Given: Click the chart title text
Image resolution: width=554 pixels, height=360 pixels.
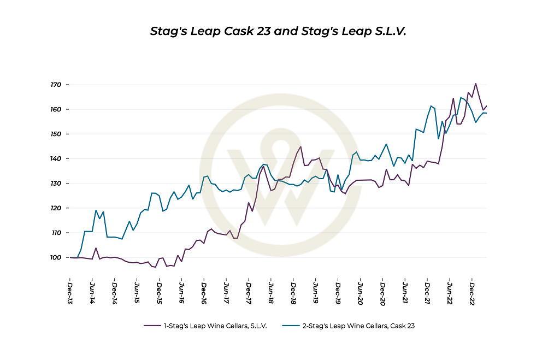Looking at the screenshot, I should point(278,31).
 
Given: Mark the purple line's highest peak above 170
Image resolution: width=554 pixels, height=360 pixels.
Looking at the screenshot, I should point(476,84).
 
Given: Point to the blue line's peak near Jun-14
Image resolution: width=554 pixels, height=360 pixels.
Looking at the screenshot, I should point(96,210).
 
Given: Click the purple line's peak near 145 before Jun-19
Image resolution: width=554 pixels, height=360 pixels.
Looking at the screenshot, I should point(300,146).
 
